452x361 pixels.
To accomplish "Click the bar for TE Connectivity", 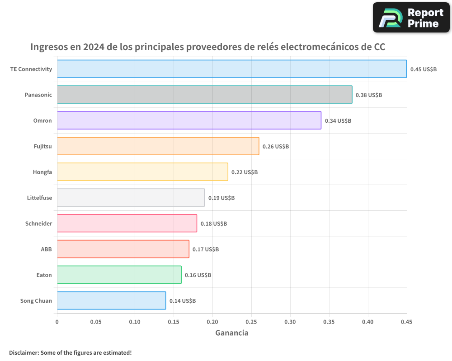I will tap(231, 69).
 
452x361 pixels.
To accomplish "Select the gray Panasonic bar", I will tap(204, 95).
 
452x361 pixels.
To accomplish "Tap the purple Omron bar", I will tap(189, 120).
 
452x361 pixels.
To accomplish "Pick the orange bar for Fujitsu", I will tap(158, 146).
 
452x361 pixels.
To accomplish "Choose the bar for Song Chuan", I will tap(111, 301).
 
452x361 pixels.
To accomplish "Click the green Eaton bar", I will tap(119, 275).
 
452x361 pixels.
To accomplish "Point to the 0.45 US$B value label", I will tap(423, 69).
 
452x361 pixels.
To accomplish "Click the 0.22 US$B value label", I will tap(245, 172).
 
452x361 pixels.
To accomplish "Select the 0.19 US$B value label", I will tap(221, 198).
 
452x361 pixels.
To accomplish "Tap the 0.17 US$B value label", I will tap(206, 250).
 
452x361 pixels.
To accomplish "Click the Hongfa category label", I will tap(42, 172).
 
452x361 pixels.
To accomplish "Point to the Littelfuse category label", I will tap(39, 198).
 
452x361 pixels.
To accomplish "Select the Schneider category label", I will tap(38, 223).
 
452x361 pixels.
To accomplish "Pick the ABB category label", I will tap(47, 249).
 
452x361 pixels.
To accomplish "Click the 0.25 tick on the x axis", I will tap(251, 322).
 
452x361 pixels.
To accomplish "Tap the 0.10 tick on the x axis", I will tap(135, 322).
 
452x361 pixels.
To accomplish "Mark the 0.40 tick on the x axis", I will tap(368, 322).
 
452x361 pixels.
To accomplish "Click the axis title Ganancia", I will tap(231, 333).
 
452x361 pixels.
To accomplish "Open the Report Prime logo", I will tap(411, 18).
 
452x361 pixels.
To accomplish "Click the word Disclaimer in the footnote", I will tap(24, 352).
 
